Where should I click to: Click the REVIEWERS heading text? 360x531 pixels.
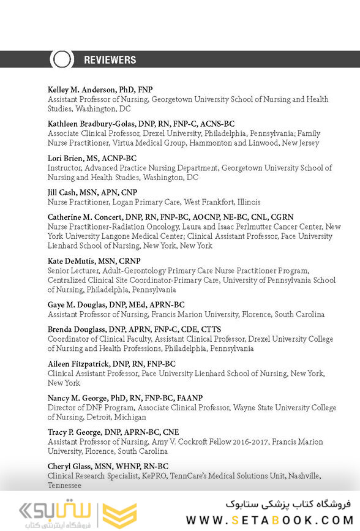pos(110,60)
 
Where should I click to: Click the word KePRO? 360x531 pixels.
pos(156,476)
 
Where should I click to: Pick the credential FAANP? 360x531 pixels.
pos(189,398)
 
